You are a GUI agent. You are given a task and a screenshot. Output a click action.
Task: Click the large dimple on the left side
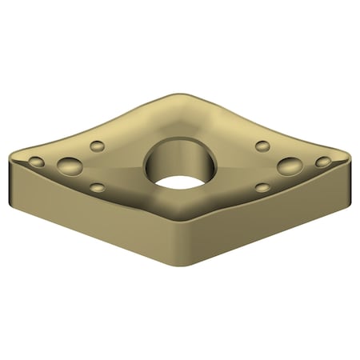click(69, 166)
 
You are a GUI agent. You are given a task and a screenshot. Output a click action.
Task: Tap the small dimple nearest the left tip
click(36, 162)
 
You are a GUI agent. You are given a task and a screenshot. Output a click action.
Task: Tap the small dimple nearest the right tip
click(323, 162)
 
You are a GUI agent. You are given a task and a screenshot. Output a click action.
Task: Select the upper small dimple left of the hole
click(97, 146)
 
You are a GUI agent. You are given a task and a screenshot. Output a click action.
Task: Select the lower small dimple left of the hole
click(97, 188)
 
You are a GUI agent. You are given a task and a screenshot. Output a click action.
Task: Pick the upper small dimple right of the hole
click(262, 146)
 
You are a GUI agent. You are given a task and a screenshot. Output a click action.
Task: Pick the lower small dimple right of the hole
click(262, 188)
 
